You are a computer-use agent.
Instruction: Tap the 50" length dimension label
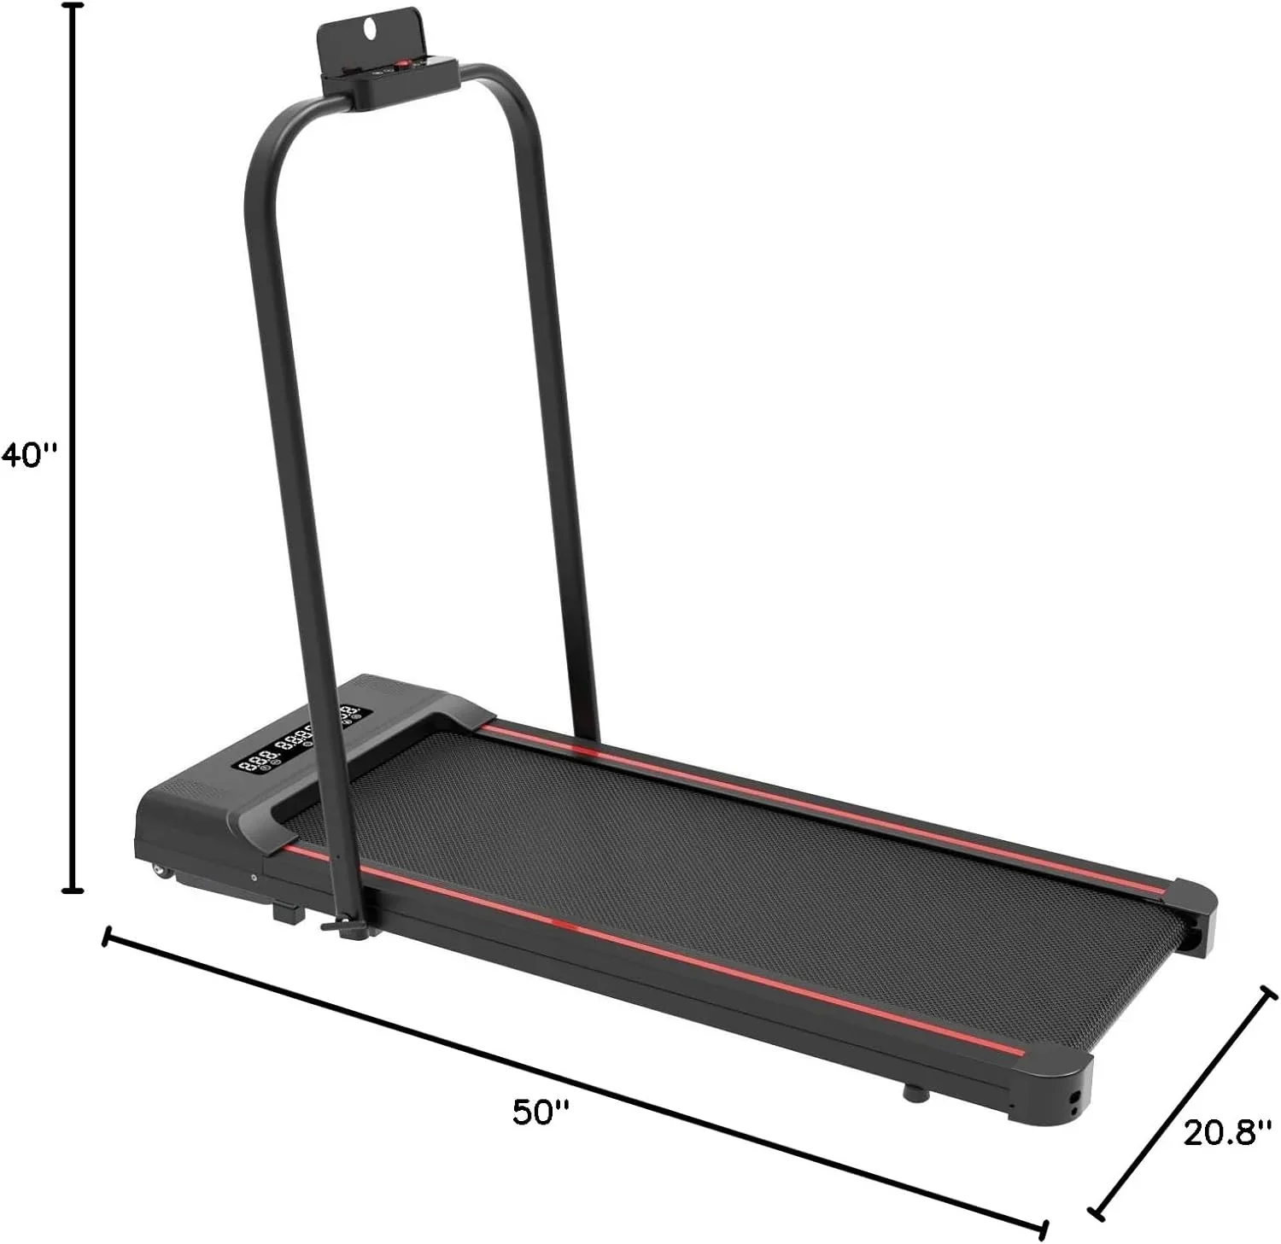click(x=541, y=1113)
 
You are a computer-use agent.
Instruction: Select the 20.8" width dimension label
click(x=1221, y=1132)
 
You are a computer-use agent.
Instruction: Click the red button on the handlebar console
click(x=400, y=64)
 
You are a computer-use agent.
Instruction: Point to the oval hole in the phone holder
click(x=369, y=26)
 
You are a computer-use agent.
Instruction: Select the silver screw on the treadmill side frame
click(x=254, y=877)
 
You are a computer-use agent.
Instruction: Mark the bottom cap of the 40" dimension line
click(x=74, y=891)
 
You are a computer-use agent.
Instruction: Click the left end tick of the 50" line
click(x=106, y=937)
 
